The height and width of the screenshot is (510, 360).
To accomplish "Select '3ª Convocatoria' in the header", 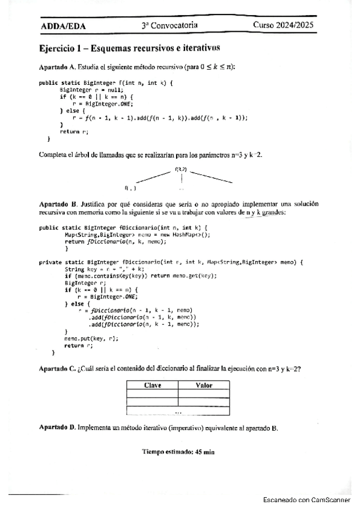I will coord(170,26).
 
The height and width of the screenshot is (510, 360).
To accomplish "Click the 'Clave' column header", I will coord(152,386).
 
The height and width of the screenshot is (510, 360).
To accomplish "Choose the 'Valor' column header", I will coord(204,386).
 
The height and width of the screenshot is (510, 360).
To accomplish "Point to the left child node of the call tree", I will coord(129,188).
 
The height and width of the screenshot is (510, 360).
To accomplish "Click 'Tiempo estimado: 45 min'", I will coord(178,451).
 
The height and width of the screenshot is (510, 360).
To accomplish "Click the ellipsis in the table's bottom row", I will coord(178,412).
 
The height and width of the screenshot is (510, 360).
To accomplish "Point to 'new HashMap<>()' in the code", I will coord(184,235).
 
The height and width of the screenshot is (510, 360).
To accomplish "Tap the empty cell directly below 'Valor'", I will coord(204,395).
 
